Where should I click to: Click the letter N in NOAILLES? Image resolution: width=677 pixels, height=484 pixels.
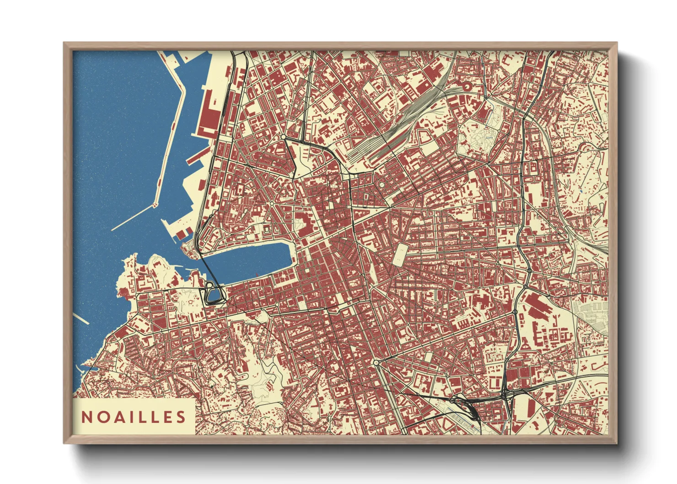pyautogui.click(x=86, y=417)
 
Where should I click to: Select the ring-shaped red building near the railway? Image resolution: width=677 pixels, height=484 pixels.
pyautogui.click(x=467, y=86)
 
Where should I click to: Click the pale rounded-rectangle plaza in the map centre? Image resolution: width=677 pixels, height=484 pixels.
pyautogui.click(x=400, y=254)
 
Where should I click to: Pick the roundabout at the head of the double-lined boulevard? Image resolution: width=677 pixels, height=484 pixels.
pyautogui.click(x=376, y=362)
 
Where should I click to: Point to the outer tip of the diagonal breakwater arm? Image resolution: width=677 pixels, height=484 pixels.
pyautogui.click(x=113, y=229)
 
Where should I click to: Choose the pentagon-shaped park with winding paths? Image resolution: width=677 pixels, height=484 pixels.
pyautogui.click(x=476, y=137)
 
